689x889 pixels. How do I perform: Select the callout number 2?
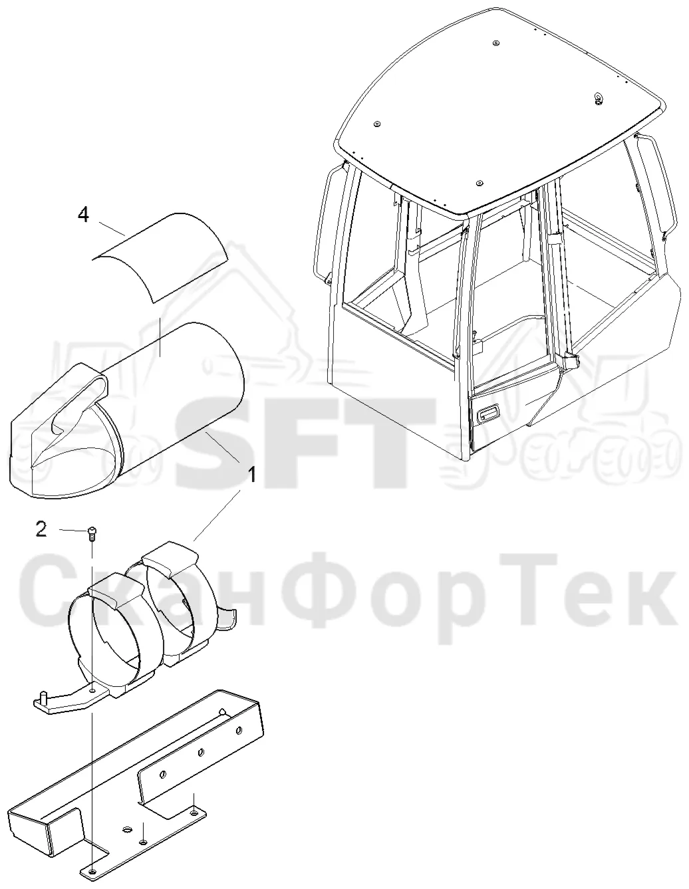41,529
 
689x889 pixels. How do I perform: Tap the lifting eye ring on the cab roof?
599,98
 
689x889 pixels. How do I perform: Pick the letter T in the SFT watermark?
392,443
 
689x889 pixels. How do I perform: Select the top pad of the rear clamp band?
169,558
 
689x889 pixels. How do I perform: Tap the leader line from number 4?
112,229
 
